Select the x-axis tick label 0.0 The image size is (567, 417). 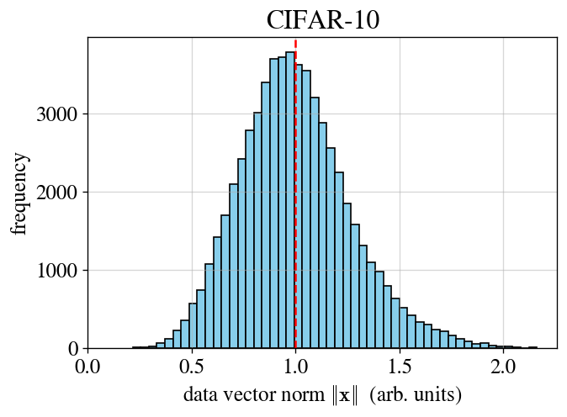pos(87,367)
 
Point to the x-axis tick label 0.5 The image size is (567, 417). pos(192,367)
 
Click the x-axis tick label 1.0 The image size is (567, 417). pos(295,367)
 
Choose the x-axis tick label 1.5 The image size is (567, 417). pos(400,367)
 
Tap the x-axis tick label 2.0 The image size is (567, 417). pos(503,367)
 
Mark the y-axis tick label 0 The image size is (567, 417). pos(74,349)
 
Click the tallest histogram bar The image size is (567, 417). pos(290,202)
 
